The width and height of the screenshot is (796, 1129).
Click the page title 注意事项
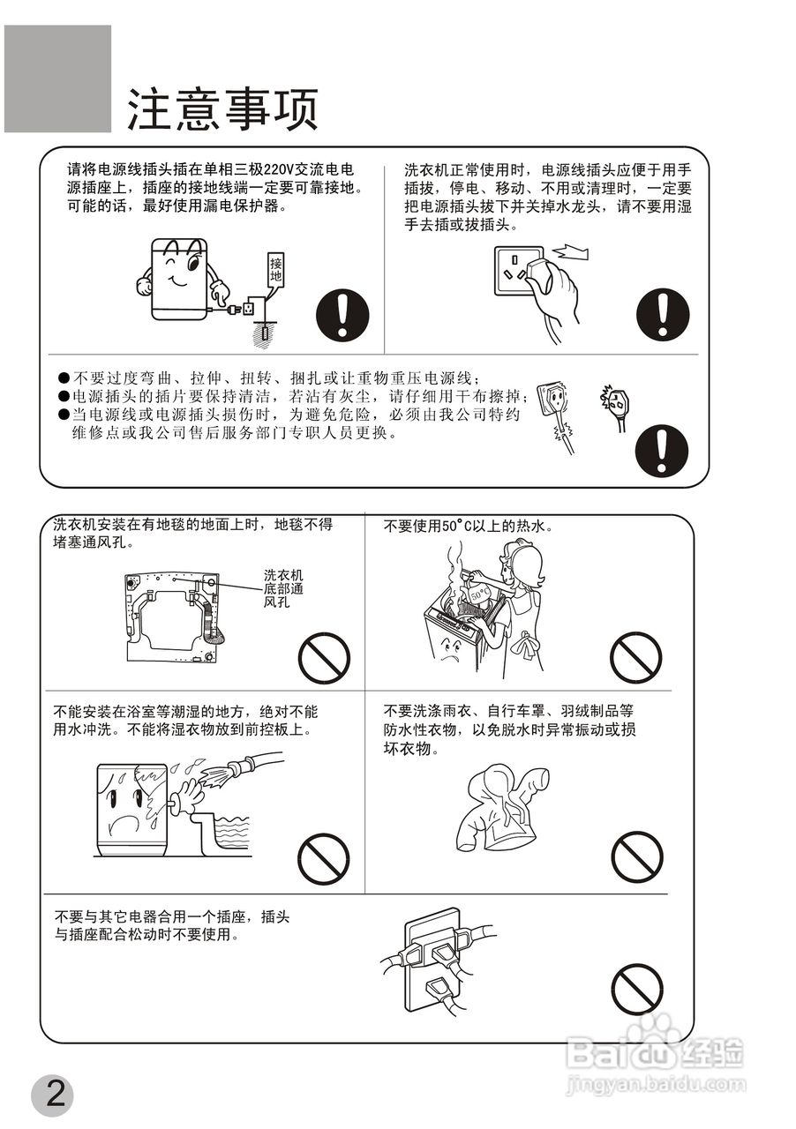(x=222, y=109)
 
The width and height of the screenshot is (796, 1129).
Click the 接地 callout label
(x=275, y=269)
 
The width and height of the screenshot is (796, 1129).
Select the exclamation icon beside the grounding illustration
(x=342, y=315)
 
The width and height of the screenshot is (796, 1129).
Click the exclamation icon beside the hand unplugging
(x=663, y=315)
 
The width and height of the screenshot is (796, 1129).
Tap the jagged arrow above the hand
(x=570, y=251)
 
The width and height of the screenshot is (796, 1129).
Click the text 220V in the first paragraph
(x=279, y=170)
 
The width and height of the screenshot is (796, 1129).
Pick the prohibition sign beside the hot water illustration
(x=635, y=657)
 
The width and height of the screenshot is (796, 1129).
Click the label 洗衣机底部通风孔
(x=283, y=588)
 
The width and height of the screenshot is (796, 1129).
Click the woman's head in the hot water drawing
(x=523, y=565)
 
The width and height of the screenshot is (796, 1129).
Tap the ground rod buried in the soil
(x=266, y=334)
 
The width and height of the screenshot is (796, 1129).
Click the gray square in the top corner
(x=57, y=79)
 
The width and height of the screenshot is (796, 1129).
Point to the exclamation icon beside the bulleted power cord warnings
(x=661, y=450)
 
